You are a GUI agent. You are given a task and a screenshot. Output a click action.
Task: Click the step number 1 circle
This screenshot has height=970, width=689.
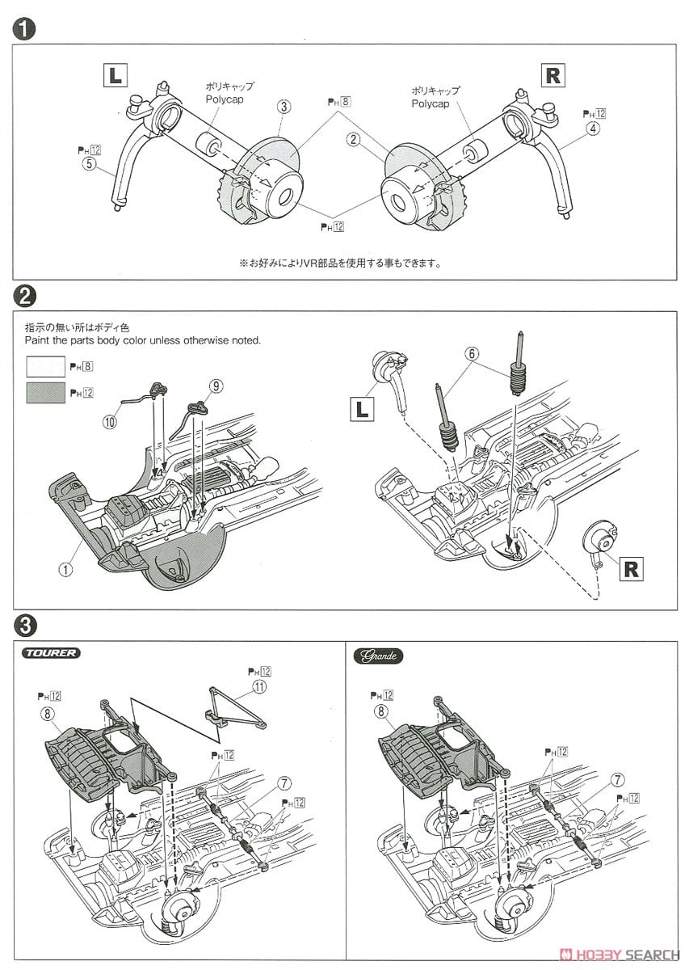pyautogui.click(x=24, y=30)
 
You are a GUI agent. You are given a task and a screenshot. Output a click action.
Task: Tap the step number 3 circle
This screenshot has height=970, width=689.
pyautogui.click(x=24, y=624)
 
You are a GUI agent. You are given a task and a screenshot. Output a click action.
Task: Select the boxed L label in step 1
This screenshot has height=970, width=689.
pyautogui.click(x=115, y=76)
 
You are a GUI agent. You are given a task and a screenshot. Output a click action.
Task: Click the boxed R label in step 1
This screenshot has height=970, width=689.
pyautogui.click(x=552, y=76)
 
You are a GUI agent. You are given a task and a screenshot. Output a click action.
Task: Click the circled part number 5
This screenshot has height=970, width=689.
pyautogui.click(x=89, y=164)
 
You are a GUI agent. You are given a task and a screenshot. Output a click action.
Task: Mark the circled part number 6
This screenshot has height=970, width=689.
pyautogui.click(x=471, y=352)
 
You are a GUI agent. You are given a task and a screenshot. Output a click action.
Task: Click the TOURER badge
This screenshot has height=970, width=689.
pyautogui.click(x=53, y=653)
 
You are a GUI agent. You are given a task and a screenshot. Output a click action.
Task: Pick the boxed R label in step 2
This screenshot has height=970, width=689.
pyautogui.click(x=630, y=568)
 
